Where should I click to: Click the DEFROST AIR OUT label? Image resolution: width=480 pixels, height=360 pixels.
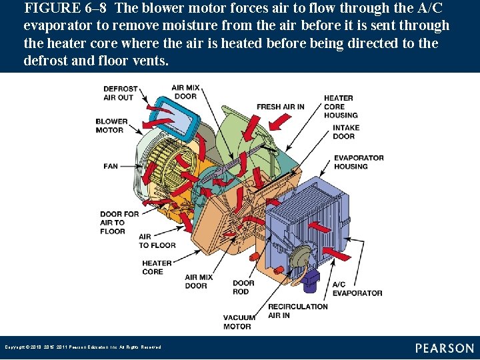pos(120,93)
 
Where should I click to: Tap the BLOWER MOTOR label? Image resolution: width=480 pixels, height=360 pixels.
pos(111,126)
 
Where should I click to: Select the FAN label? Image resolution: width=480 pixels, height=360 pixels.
pos(111,166)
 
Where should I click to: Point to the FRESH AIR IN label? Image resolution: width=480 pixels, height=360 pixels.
pos(280,107)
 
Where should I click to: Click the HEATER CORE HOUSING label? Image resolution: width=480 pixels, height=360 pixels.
pos(341,107)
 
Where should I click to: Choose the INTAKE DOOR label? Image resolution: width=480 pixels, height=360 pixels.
pos(346,132)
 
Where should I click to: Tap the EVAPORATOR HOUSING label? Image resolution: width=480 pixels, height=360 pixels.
pos(359,162)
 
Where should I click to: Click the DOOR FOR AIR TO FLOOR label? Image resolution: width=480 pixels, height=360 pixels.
pos(119,223)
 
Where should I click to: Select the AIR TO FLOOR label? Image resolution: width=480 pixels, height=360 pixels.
pos(157,241)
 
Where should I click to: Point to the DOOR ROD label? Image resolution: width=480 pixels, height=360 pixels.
pos(243,287)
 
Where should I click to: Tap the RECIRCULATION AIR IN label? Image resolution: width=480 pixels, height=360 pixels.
pos(297,311)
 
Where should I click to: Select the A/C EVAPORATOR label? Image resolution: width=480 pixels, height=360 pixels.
pos(357,289)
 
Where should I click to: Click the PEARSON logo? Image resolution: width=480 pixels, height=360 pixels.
pos(444,348)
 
